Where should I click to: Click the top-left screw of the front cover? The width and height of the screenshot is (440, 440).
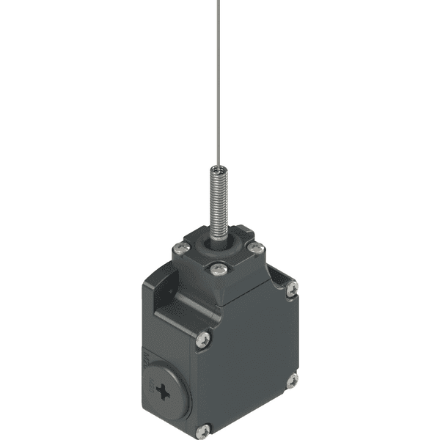tap(204, 338)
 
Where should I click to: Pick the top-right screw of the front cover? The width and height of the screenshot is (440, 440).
tap(292, 289)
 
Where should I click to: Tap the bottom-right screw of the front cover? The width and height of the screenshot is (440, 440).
tap(292, 380)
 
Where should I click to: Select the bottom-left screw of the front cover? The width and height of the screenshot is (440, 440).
tap(203, 430)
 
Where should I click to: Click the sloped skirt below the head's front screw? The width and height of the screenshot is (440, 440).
tap(220, 293)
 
